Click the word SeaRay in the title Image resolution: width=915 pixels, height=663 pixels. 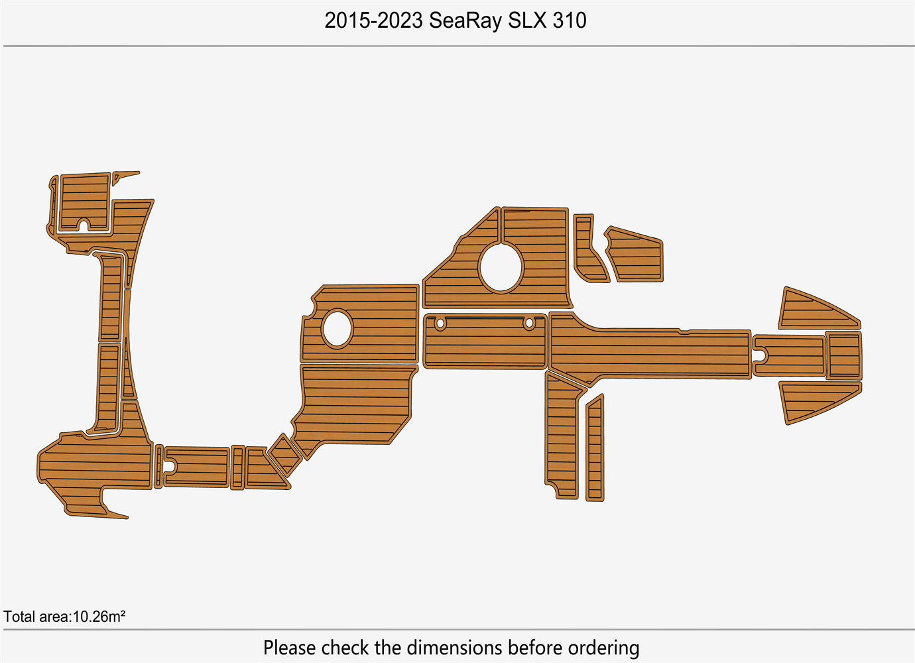point(465,21)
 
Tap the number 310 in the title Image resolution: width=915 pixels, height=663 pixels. point(570,21)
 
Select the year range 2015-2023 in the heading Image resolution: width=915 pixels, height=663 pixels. point(373,21)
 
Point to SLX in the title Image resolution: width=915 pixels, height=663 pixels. point(527,21)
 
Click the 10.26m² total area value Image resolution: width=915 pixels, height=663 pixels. point(99,617)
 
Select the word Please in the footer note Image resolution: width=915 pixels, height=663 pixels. point(290,648)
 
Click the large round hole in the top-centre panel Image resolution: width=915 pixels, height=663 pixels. point(501,268)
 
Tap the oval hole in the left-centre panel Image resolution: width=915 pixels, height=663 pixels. point(337,328)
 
